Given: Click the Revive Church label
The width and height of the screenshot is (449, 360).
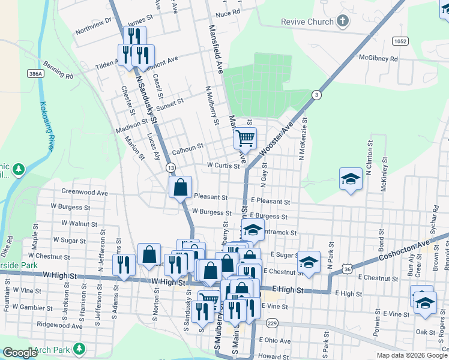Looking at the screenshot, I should point(307,22).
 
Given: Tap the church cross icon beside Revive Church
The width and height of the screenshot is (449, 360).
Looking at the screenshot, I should point(343,22).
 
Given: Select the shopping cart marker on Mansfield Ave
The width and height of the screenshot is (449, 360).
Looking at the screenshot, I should point(245,139).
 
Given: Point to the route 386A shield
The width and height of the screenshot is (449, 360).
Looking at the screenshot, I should point(35,73).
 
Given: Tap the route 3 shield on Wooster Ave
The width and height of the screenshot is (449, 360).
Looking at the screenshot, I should point(316,95).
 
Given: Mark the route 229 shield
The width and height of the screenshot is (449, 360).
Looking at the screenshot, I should point(272,323).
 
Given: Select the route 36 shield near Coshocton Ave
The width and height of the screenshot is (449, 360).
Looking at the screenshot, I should point(348,271).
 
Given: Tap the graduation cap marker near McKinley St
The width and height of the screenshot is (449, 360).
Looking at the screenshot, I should point(351,179).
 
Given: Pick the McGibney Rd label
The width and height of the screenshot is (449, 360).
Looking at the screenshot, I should point(378,59).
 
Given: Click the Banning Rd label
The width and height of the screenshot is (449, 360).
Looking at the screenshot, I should point(58,71).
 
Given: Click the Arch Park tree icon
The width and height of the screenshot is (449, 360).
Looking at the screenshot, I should point(79,349).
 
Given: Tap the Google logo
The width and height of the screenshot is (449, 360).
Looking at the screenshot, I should point(20,353).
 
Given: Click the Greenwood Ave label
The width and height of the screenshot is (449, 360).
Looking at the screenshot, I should point(85,193).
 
